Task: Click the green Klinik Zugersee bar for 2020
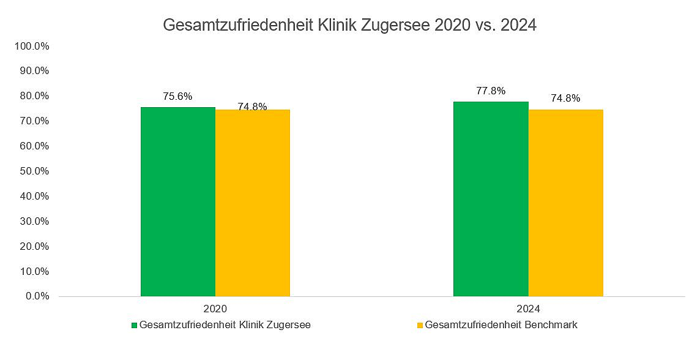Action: click(178, 202)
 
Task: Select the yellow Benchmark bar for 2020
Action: click(253, 203)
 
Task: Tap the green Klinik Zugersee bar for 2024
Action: click(491, 199)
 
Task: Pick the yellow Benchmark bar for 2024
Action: click(565, 203)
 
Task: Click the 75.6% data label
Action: click(177, 96)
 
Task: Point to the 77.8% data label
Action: click(491, 91)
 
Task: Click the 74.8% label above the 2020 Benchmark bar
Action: click(252, 107)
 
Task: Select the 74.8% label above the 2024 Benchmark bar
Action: click(565, 99)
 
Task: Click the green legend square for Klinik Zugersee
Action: click(134, 325)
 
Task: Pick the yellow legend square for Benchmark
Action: click(420, 325)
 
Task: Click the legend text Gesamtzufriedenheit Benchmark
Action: click(501, 325)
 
